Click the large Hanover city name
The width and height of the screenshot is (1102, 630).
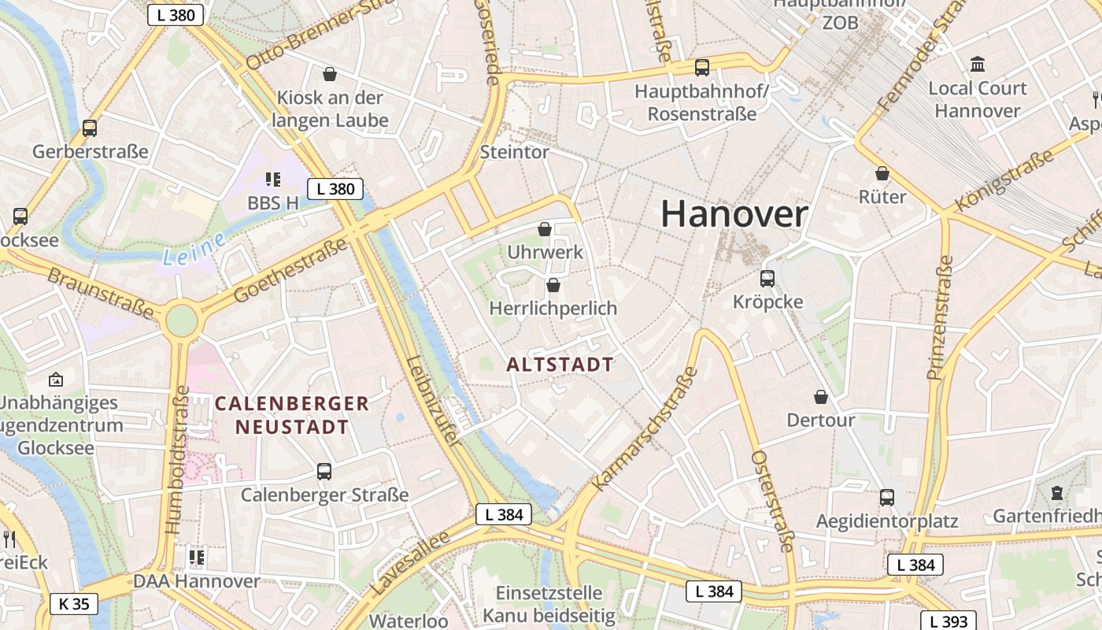[x=734, y=214]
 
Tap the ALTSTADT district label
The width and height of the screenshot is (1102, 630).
[x=560, y=365]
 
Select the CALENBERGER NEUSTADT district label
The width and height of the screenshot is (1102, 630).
[x=291, y=416]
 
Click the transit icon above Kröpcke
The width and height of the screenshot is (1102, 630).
[x=767, y=278]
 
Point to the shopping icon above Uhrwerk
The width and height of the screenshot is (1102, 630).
[x=544, y=229]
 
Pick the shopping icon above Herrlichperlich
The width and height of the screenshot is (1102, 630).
[x=553, y=284]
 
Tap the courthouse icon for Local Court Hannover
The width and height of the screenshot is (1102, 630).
[x=978, y=64]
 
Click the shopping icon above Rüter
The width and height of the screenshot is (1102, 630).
[x=882, y=173]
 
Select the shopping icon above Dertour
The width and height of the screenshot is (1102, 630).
[x=821, y=397]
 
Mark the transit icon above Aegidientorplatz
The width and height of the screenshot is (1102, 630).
[x=887, y=498]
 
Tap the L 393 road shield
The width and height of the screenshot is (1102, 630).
[x=949, y=621]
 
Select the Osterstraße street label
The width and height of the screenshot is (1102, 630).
[x=772, y=501]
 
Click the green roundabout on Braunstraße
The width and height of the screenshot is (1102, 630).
[x=181, y=321]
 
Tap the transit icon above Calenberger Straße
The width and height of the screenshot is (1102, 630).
[x=324, y=472]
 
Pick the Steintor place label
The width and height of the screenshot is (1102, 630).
[x=514, y=152]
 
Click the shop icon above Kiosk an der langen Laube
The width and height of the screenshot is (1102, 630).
[x=330, y=74]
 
